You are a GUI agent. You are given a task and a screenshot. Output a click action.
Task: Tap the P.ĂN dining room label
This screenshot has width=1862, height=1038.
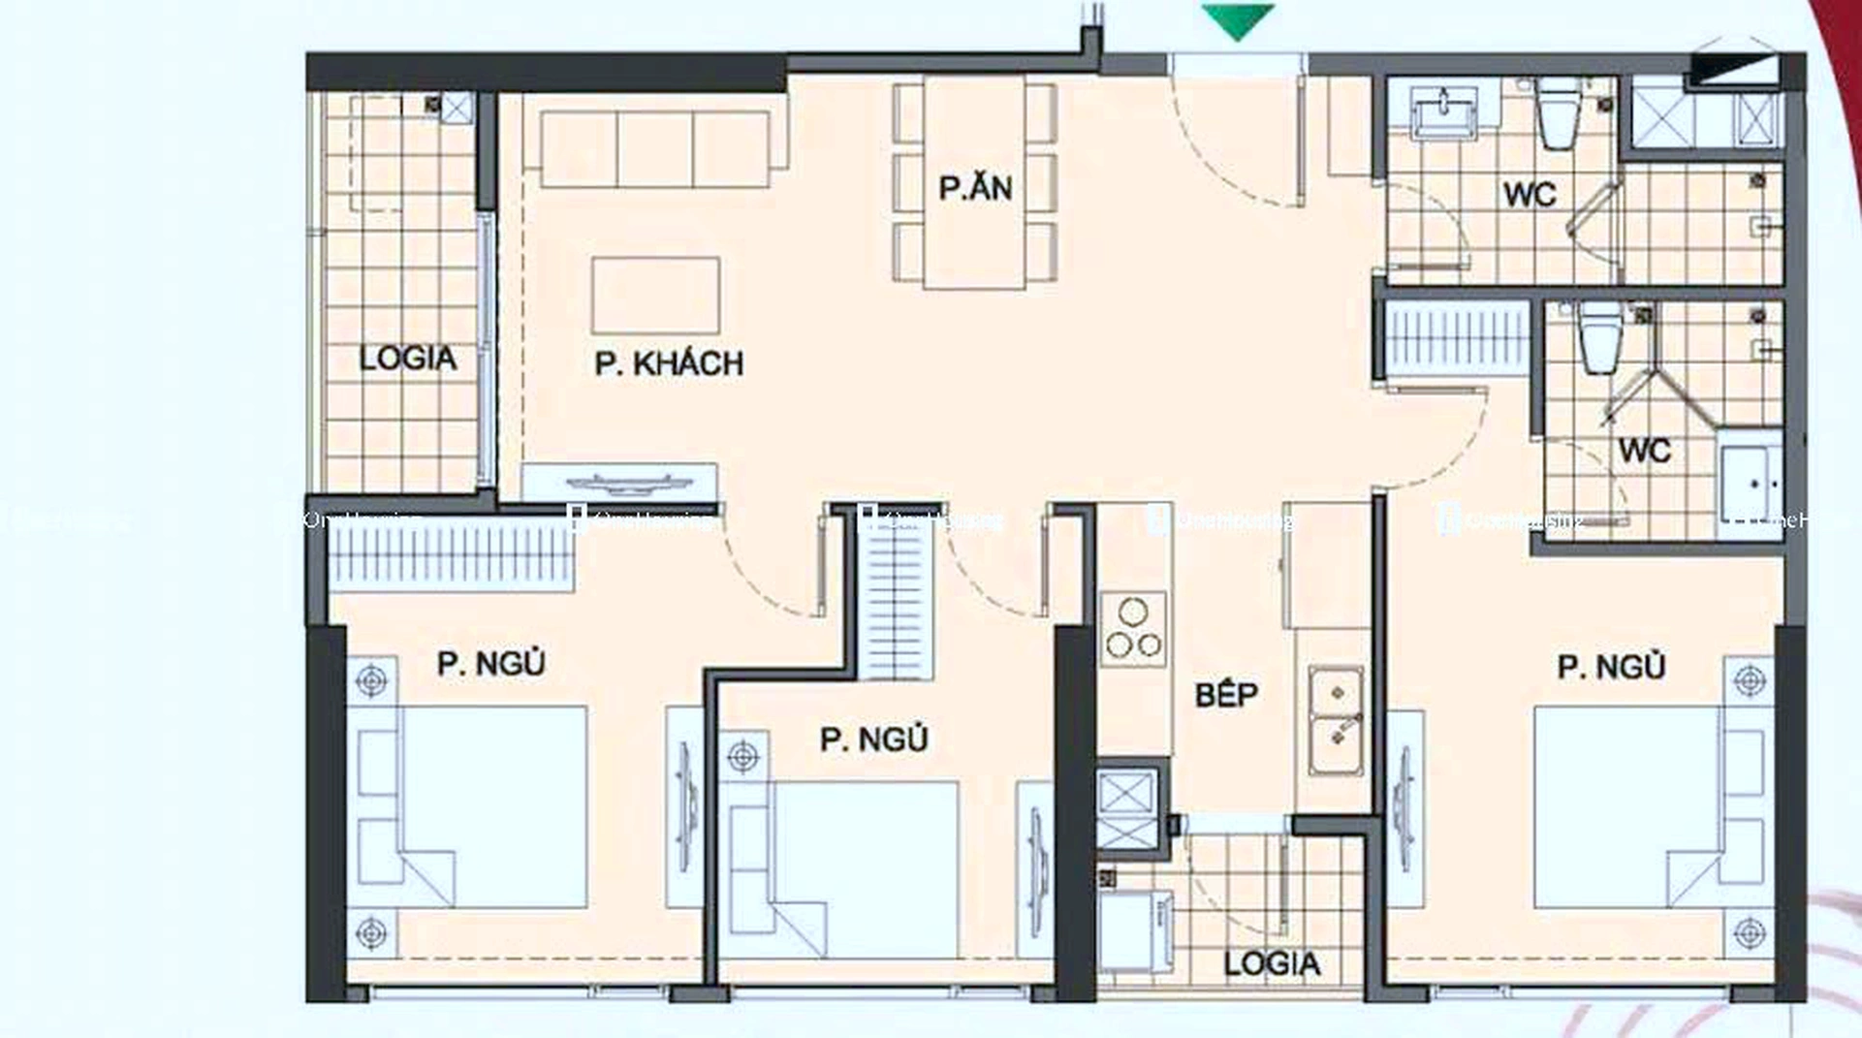975,187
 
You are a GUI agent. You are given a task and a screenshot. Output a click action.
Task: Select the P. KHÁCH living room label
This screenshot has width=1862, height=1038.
669,363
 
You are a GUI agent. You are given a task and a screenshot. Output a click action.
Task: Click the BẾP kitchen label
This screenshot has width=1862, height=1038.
1226,694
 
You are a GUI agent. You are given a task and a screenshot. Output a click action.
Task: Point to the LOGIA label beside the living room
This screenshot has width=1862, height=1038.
407,358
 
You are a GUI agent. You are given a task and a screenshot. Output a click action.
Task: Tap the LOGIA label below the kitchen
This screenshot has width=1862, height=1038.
1271,963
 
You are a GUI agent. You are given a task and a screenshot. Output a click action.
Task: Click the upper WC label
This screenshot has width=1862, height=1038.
1530,194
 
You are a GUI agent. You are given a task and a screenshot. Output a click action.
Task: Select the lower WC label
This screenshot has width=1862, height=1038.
1644,451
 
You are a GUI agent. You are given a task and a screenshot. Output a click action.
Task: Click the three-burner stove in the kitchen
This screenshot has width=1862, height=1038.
1133,631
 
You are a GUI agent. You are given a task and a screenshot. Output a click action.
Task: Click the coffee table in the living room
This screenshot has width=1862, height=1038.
655,295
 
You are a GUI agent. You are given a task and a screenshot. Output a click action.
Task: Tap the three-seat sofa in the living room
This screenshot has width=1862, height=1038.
655,148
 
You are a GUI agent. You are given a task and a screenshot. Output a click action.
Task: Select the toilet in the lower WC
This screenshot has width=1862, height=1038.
1600,337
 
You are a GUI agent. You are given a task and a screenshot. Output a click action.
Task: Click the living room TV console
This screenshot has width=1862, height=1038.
619,482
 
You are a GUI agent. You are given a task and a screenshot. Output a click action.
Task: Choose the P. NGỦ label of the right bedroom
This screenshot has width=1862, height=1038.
1611,667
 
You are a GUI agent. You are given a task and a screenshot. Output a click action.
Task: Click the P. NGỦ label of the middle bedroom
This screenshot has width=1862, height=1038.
873,739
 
